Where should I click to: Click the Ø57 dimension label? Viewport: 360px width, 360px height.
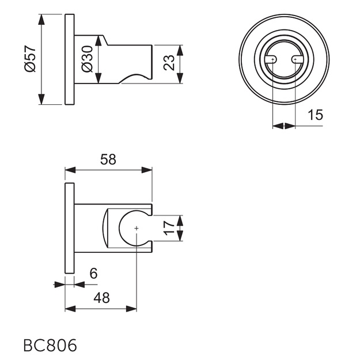30,59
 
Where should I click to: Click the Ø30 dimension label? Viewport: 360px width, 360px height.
87,59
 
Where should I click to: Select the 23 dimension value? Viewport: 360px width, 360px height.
169,62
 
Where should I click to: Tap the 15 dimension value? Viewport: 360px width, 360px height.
315,115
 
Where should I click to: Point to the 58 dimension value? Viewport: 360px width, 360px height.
108,160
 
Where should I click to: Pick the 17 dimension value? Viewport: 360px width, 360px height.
169,228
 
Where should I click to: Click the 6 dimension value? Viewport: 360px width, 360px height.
93,273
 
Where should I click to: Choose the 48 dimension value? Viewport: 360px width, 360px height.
102,298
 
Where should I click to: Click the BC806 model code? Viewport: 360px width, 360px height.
50,346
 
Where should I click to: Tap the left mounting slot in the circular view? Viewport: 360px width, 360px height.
271,59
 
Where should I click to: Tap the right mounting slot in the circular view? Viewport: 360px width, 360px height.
297,59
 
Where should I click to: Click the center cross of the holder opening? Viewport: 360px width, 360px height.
137,228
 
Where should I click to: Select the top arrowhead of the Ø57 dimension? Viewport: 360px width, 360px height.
41,19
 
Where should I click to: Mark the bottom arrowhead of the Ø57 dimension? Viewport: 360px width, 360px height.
41,99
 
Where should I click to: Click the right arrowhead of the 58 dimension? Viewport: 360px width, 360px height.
147,170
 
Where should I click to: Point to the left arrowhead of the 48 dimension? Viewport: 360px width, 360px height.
70,309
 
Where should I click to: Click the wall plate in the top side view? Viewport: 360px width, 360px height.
70,59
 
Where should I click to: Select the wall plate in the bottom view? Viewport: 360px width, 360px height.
70,228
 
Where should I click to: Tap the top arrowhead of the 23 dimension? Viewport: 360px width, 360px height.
180,50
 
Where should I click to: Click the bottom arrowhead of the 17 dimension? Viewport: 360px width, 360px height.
180,236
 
